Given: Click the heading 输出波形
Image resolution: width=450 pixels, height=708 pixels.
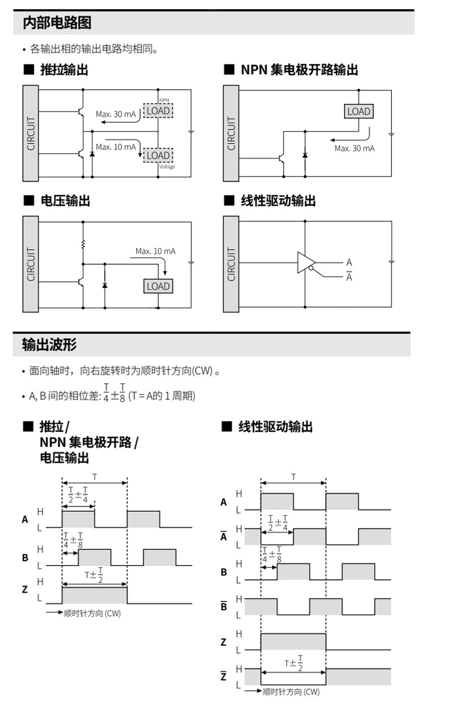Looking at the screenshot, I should [x=49, y=345].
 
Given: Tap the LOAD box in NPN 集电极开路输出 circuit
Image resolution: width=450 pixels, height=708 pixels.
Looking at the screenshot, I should [x=359, y=112].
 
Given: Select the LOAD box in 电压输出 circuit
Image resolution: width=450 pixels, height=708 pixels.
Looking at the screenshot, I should [x=158, y=286].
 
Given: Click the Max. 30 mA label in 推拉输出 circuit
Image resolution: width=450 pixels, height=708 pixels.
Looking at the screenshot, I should [x=116, y=114].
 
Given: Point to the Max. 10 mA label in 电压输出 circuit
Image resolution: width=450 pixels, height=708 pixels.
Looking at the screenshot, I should [x=156, y=251].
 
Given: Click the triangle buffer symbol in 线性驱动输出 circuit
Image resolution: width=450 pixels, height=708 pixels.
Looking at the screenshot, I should [x=305, y=262].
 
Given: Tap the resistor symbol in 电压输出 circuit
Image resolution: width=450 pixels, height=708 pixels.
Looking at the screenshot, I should [x=83, y=244].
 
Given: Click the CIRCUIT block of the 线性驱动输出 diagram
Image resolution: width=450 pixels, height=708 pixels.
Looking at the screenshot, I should [x=231, y=264].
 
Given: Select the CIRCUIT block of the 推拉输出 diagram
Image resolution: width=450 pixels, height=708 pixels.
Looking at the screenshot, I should [x=31, y=133].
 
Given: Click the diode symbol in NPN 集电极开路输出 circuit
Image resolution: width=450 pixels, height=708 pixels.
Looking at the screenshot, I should [x=305, y=154].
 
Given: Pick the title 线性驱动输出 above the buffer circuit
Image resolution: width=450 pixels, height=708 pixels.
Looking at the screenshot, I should [x=277, y=201].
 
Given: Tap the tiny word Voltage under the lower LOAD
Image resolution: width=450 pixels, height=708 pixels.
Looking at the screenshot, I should [x=167, y=167].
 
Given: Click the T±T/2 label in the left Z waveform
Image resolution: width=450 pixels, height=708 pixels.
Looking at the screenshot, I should [x=94, y=574].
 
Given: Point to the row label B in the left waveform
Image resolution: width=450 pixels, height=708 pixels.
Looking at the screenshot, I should [x=25, y=557].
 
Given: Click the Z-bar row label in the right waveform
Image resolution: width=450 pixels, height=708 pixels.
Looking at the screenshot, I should [x=223, y=677].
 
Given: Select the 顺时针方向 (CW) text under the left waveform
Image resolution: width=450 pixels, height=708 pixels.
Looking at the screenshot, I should [x=92, y=613].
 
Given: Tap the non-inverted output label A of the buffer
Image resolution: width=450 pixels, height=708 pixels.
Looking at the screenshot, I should [x=349, y=262].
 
